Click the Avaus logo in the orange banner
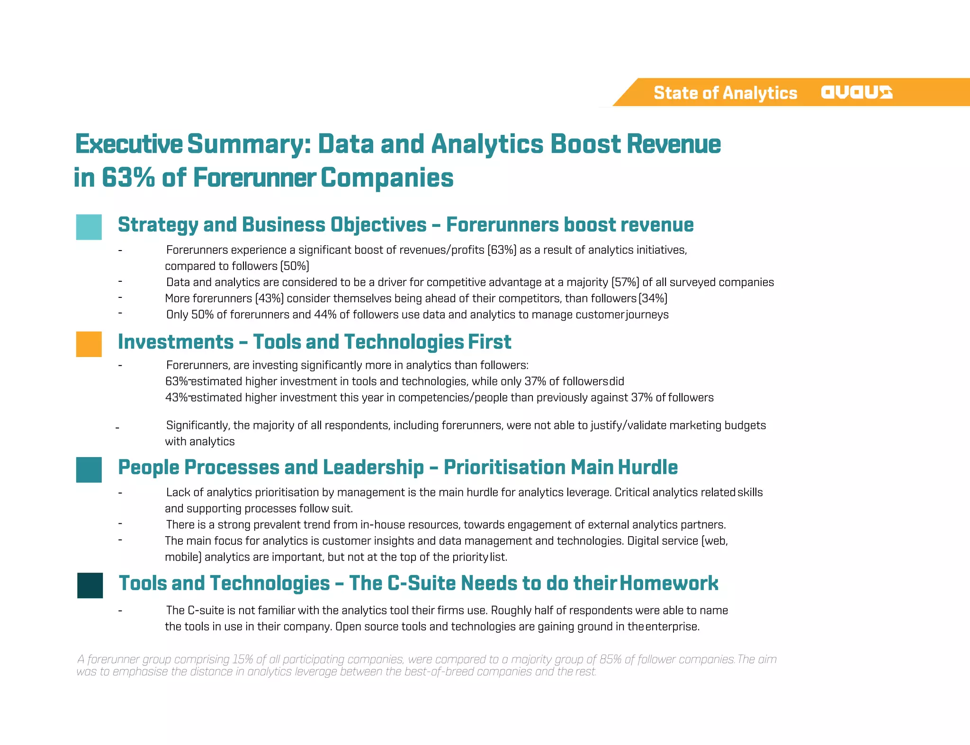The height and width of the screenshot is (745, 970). coord(856,92)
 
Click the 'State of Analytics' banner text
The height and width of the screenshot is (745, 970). coord(725,93)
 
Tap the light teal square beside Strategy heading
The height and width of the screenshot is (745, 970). coord(89,227)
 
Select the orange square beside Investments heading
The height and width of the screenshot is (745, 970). coord(89,344)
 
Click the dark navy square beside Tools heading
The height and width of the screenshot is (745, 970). coord(90,585)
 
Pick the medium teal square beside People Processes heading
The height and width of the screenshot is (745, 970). coord(89,469)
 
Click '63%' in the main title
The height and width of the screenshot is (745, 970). coord(128,178)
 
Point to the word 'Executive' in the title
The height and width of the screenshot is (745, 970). coord(129,144)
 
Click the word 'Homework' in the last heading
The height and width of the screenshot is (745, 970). coord(669,583)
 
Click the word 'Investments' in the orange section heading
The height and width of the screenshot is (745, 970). coord(176,342)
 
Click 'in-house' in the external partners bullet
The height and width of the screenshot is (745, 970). coord(383,525)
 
